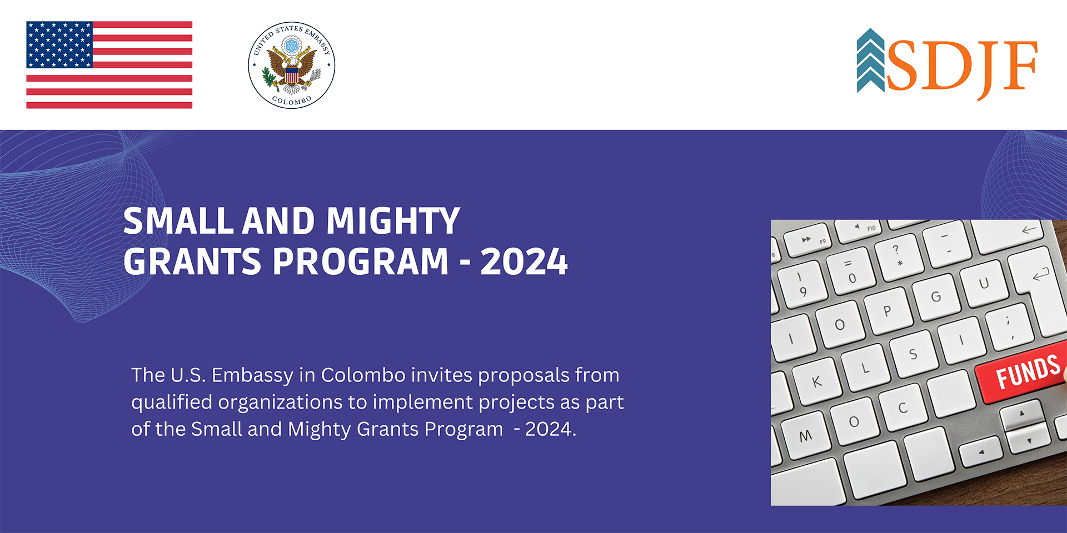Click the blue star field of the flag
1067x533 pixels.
pyautogui.click(x=59, y=45)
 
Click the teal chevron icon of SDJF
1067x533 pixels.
pyautogui.click(x=870, y=61)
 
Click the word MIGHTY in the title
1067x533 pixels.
pyautogui.click(x=392, y=221)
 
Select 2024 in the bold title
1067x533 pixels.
pyautogui.click(x=523, y=262)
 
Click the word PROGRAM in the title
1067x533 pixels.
pyautogui.click(x=360, y=262)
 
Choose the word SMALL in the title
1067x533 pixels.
pyautogui.click(x=178, y=221)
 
